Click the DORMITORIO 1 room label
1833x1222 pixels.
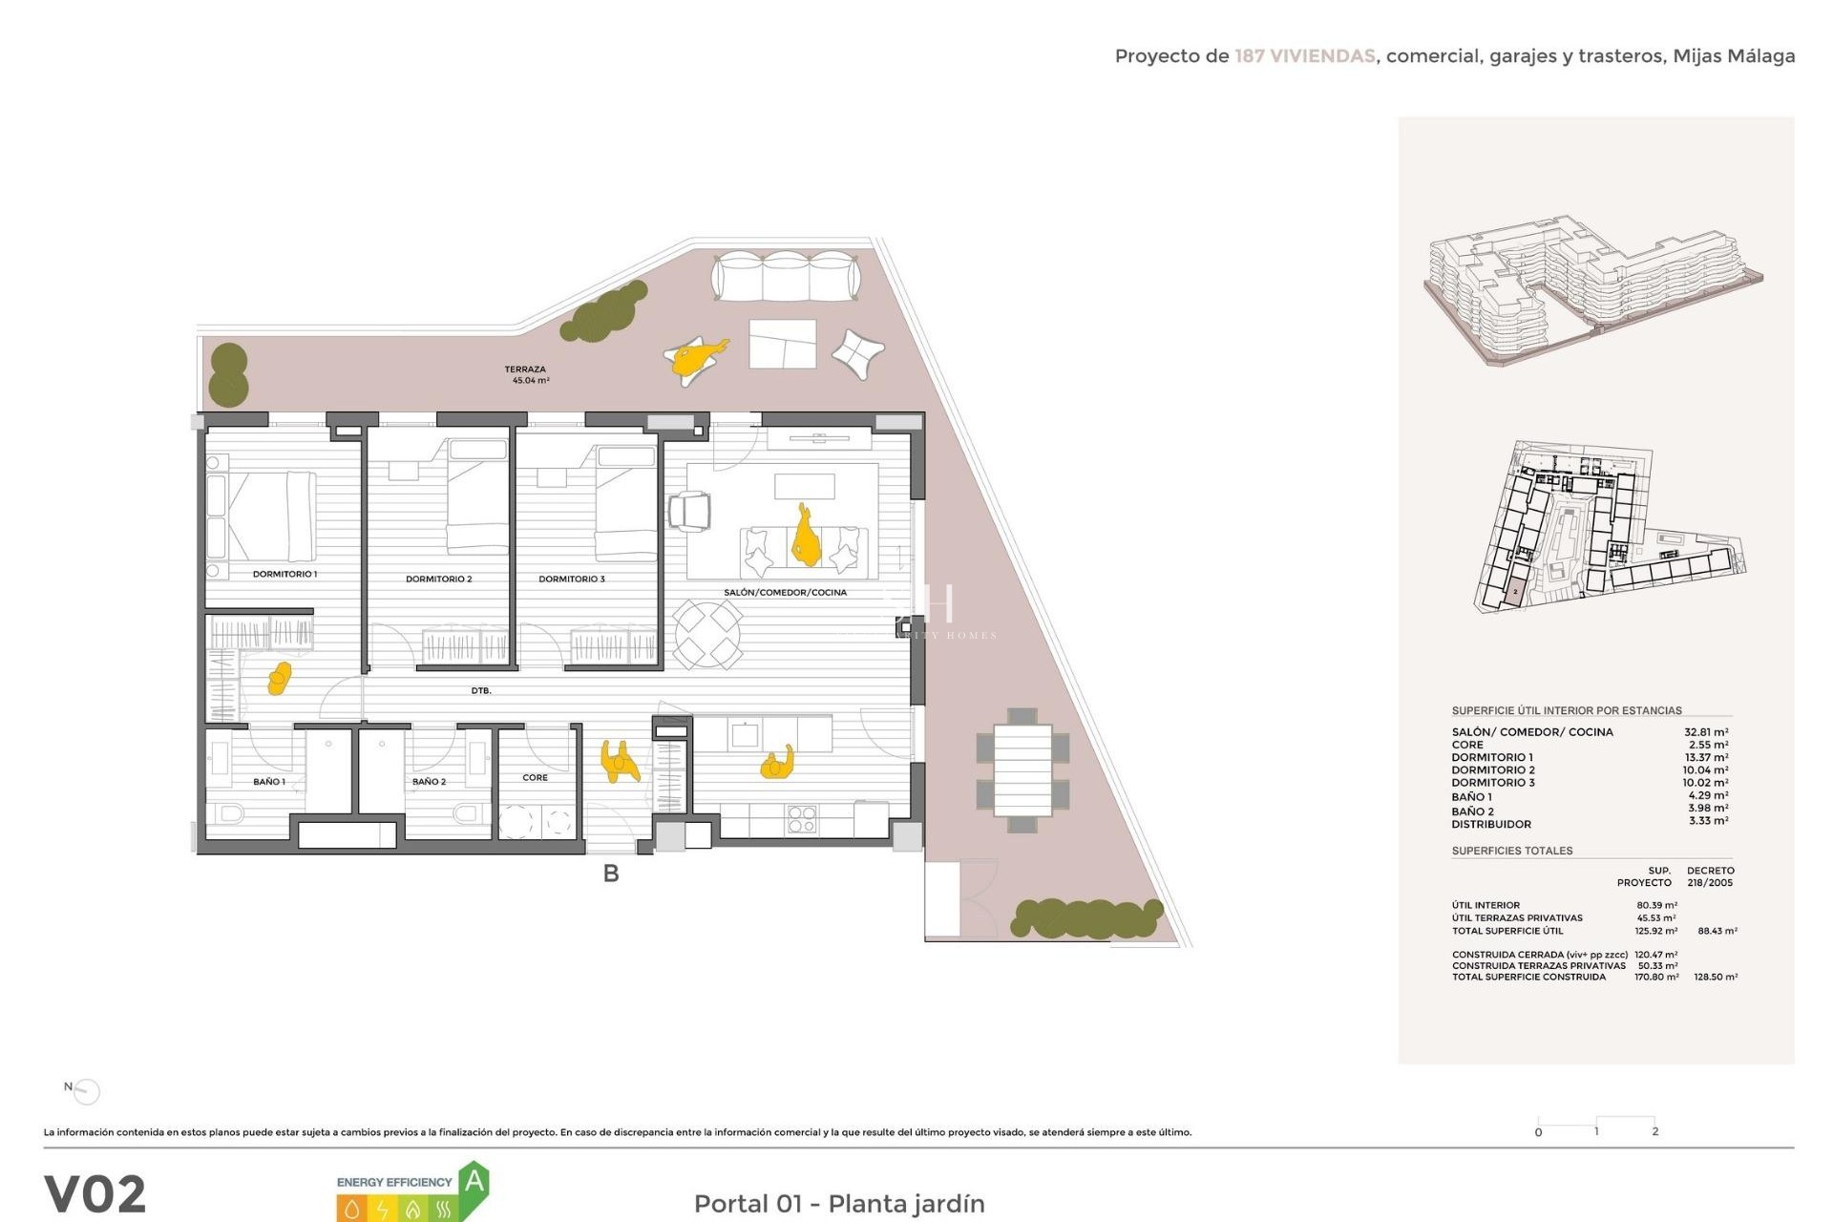(284, 574)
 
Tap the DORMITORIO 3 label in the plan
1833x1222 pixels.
(571, 579)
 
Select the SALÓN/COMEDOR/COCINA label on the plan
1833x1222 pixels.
(785, 592)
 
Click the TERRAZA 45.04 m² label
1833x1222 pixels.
(527, 374)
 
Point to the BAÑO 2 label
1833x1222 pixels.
(429, 781)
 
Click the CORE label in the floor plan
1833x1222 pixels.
(535, 777)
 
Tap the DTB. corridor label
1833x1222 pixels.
(481, 690)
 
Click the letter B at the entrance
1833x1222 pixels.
(611, 873)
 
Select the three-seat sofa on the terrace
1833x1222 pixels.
(786, 276)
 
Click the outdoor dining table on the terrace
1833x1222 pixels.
(1022, 770)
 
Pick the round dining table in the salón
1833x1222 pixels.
(707, 634)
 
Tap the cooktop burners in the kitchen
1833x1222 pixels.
(801, 819)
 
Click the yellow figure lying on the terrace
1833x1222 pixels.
(697, 359)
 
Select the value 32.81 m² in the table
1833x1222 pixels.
(1705, 732)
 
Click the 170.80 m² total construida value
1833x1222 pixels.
(1656, 977)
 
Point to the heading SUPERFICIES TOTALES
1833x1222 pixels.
(1511, 851)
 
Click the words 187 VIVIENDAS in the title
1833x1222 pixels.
(1304, 56)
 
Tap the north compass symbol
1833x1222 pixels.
(86, 1090)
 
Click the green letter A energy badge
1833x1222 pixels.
(474, 1184)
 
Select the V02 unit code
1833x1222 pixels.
(95, 1193)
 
